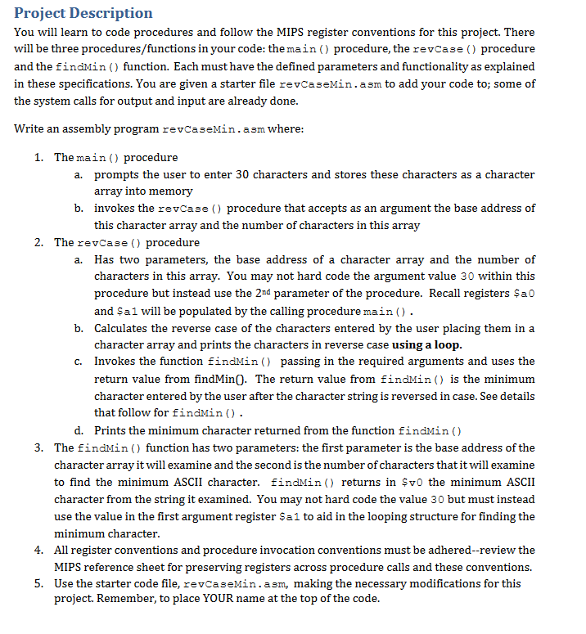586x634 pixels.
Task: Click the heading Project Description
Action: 83,13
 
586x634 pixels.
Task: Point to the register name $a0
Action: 524,294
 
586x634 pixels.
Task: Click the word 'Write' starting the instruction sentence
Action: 30,128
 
